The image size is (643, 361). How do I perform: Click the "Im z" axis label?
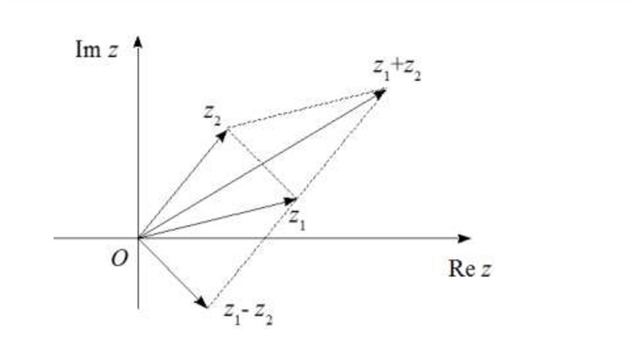click(96, 50)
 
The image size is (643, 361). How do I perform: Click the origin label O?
click(119, 258)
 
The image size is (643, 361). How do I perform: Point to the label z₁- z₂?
click(249, 313)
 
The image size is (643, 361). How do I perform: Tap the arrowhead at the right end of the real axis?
click(464, 238)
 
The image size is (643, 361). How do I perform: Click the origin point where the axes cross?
click(138, 238)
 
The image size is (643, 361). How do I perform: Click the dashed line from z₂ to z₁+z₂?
click(305, 109)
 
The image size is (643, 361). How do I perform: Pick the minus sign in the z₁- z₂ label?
click(251, 311)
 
